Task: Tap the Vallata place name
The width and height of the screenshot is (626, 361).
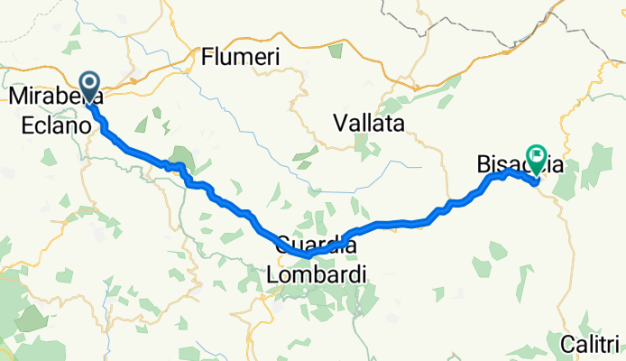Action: (370, 123)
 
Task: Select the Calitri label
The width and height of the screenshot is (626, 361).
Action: (591, 344)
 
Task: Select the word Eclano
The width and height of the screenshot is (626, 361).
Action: (51, 126)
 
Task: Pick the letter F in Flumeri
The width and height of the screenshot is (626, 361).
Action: (208, 58)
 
